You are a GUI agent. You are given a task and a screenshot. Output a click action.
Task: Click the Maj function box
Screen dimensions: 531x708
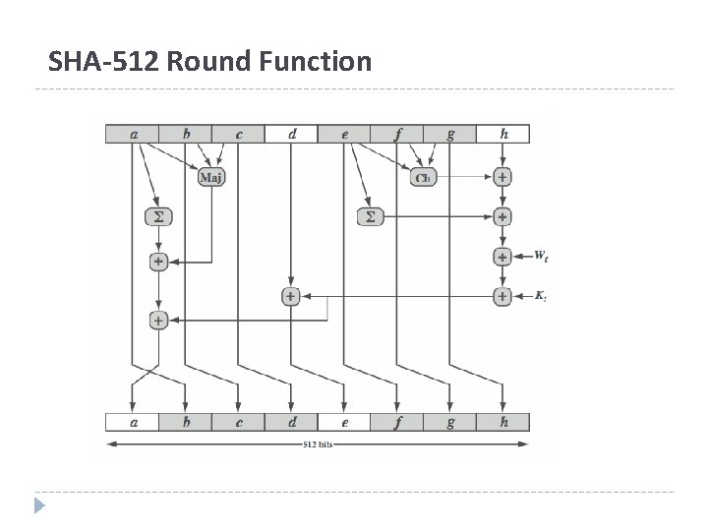point(210,177)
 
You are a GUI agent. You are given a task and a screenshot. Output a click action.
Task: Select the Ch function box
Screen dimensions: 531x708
point(423,177)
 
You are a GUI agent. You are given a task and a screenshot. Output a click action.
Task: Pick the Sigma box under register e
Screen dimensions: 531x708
point(370,215)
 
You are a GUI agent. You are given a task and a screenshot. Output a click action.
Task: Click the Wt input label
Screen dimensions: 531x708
point(541,256)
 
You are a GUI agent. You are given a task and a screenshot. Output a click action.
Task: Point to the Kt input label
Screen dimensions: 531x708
point(541,295)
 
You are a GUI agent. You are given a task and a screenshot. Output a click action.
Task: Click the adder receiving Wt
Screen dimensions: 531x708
point(502,256)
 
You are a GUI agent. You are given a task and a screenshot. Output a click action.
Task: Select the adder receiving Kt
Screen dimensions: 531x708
point(502,295)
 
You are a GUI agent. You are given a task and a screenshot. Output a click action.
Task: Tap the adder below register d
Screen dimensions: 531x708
point(290,295)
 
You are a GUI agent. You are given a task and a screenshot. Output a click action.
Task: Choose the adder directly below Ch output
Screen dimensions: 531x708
point(502,177)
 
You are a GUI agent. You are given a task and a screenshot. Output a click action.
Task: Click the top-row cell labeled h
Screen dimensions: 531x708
point(502,134)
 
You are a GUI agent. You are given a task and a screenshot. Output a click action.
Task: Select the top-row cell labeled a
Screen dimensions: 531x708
point(133,134)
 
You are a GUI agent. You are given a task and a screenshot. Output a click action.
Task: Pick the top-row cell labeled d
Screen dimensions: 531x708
point(290,134)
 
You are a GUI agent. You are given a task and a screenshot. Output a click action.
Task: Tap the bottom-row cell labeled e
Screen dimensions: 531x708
point(344,423)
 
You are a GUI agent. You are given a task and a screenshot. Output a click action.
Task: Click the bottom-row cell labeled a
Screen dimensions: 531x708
point(133,423)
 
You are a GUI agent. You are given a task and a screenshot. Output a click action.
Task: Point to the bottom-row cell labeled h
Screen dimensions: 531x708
point(502,423)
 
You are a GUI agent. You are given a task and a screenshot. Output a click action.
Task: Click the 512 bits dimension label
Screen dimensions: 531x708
point(317,444)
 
